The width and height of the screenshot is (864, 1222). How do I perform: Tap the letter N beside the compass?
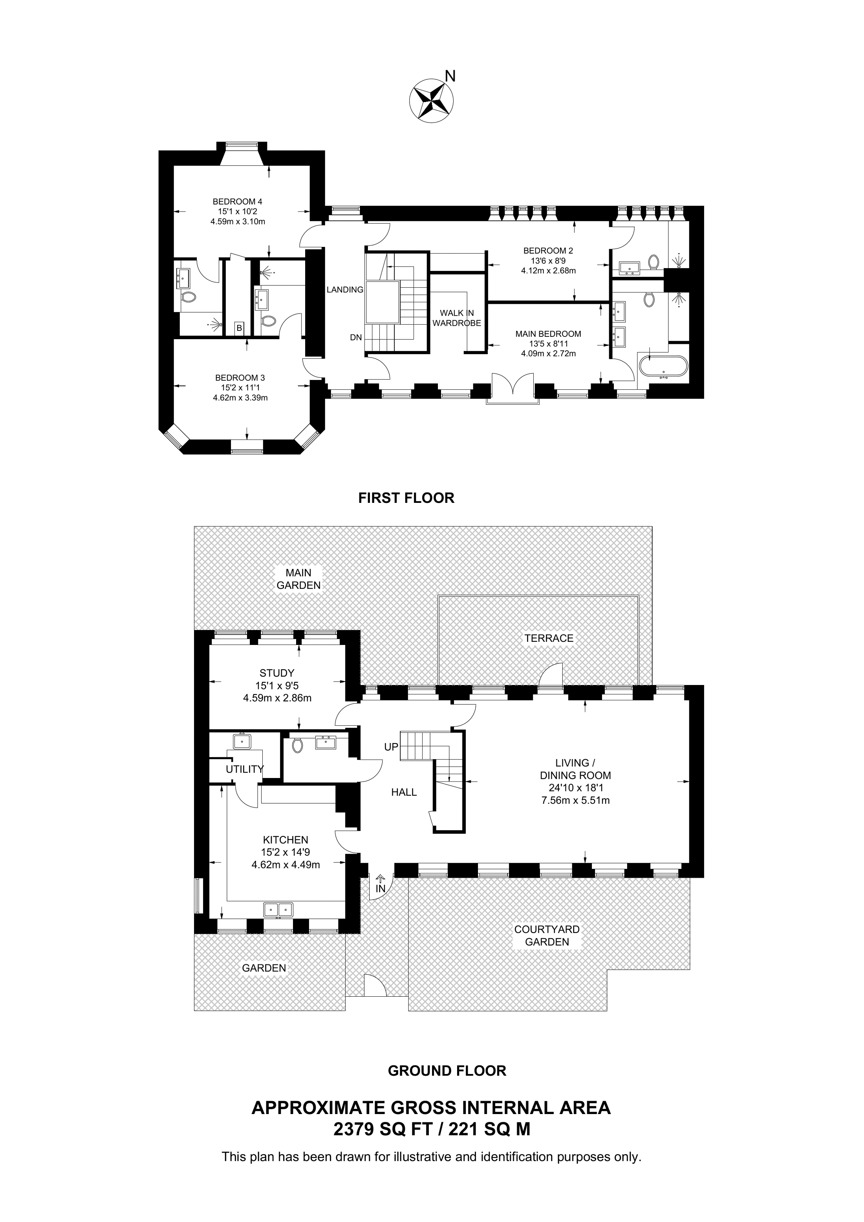[450, 77]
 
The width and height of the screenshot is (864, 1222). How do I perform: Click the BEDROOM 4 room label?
[238, 202]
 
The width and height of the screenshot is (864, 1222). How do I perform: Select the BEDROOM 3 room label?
[240, 378]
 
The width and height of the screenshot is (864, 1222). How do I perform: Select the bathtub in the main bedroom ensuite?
[663, 367]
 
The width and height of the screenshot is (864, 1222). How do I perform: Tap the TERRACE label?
[549, 638]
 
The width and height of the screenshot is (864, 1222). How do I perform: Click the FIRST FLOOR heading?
[406, 498]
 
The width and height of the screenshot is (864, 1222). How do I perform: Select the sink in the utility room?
[242, 741]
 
